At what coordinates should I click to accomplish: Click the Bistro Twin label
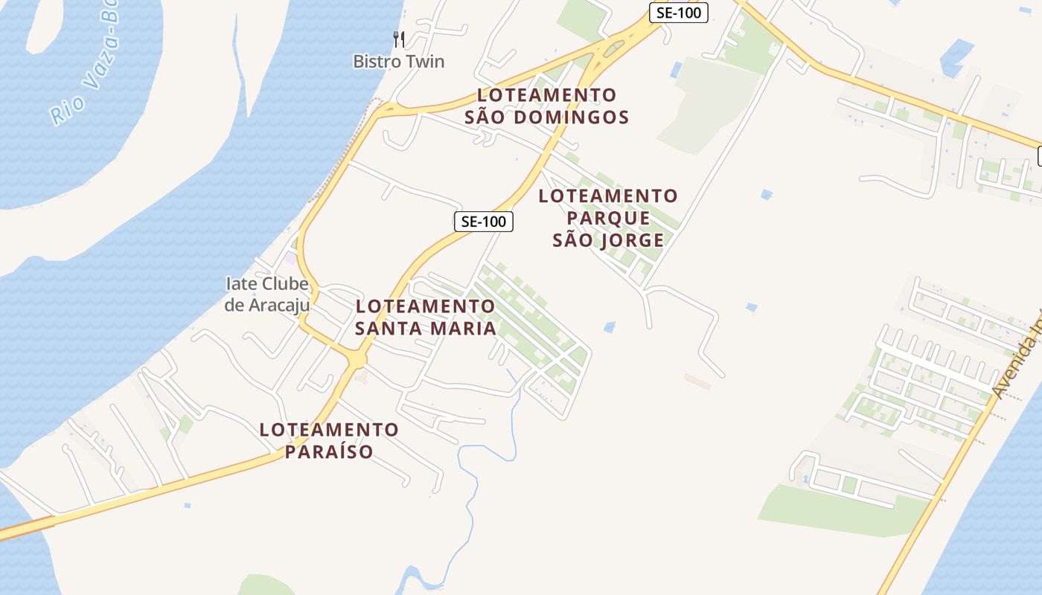pyautogui.click(x=398, y=62)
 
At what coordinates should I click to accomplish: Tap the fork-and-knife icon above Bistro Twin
pyautogui.click(x=399, y=39)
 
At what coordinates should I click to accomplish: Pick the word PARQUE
pyautogui.click(x=608, y=219)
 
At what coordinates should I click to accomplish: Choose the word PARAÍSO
pyautogui.click(x=329, y=451)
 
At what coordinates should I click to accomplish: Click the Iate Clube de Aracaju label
pyautogui.click(x=266, y=295)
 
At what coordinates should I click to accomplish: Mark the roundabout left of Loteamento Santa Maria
pyautogui.click(x=357, y=360)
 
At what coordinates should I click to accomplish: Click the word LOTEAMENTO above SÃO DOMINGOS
pyautogui.click(x=547, y=95)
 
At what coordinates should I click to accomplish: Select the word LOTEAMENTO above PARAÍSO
pyautogui.click(x=329, y=430)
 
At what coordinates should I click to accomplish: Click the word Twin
pyautogui.click(x=425, y=62)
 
